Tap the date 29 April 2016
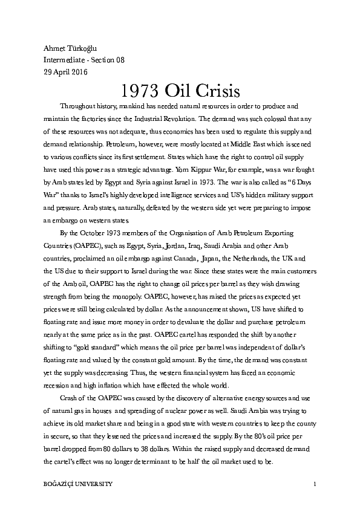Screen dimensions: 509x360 (x=66, y=71)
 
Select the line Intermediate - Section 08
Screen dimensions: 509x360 (x=84, y=60)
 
